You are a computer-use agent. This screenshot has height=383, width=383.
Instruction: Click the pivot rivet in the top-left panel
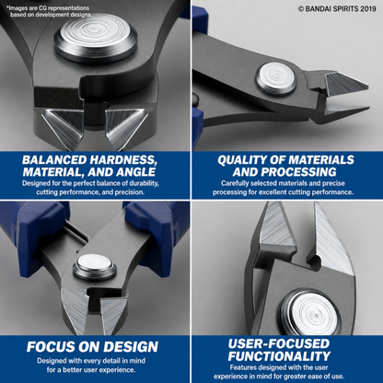click(96, 38)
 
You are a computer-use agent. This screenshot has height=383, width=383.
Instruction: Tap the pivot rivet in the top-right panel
click(276, 78)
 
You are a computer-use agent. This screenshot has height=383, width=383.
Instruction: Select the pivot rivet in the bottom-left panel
click(95, 267)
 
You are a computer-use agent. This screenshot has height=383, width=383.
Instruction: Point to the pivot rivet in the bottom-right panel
click(311, 313)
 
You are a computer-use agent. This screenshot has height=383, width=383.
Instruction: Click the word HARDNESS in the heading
click(123, 160)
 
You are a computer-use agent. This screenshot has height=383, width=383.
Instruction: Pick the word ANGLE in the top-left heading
click(137, 172)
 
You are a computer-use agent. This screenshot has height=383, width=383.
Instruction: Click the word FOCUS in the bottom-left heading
click(51, 347)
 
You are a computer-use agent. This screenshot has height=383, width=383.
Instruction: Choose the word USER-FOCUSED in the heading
click(279, 343)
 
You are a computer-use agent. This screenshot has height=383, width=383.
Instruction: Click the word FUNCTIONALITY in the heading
click(279, 356)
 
